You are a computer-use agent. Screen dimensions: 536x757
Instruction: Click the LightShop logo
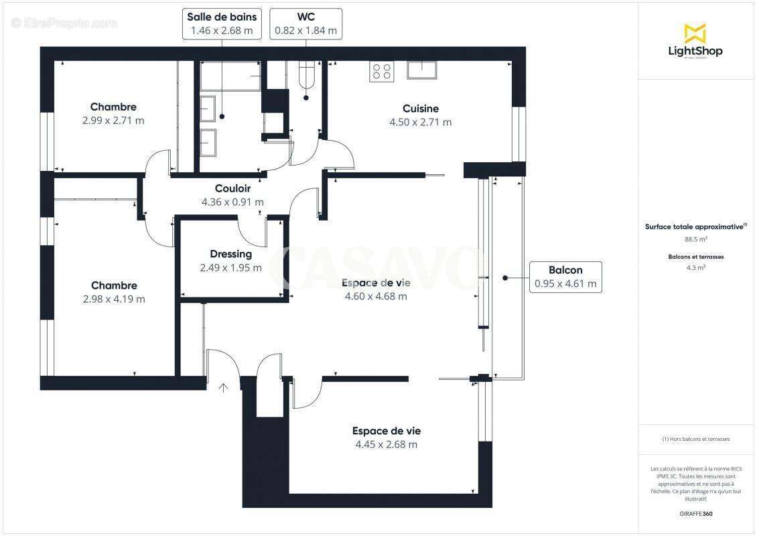pos(695,42)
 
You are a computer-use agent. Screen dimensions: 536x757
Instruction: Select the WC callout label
pos(305,23)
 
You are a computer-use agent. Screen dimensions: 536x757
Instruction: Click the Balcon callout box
pos(565,277)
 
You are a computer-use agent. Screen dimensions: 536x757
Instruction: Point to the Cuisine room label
pos(421,109)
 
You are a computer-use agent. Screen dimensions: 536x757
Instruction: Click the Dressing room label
pos(230,255)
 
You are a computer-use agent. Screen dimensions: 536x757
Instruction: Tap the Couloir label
pos(232,189)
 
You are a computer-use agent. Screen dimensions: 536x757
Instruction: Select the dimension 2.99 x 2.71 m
pos(113,121)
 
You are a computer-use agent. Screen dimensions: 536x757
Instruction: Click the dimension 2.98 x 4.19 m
pos(114,299)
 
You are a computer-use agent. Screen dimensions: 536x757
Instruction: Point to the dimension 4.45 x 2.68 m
pos(386,445)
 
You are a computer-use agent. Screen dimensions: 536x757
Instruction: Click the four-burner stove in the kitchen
pos(382,71)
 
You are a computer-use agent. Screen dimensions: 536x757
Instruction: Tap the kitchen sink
pos(421,70)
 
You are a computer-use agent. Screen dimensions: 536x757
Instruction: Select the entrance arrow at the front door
pos(222,387)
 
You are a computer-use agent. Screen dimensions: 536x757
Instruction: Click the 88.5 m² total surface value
pos(695,239)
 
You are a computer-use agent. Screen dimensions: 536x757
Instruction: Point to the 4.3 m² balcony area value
pos(695,267)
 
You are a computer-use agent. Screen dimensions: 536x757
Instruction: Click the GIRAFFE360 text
pos(695,513)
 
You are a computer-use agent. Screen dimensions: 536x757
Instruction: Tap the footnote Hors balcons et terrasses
pos(695,440)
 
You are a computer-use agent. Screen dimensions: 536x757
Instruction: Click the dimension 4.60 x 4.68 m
pos(375,297)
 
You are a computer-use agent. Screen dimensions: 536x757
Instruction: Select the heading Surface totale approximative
pos(695,227)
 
